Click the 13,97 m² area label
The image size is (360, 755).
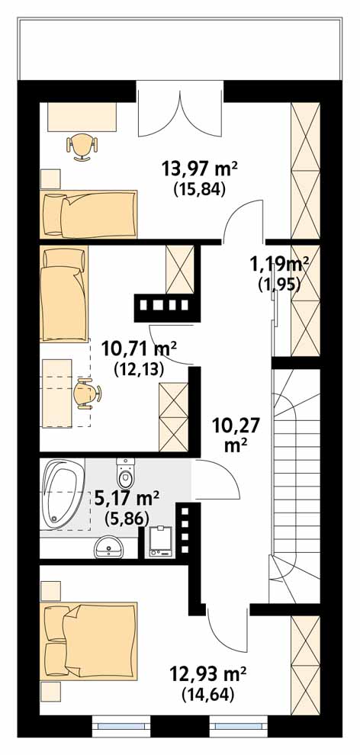(x=201, y=169)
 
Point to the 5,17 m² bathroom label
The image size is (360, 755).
(x=127, y=497)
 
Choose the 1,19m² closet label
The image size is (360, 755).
(x=278, y=265)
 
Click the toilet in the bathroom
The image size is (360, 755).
(x=127, y=473)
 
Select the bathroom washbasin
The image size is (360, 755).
(x=109, y=547)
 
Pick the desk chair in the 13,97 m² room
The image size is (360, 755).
(x=82, y=146)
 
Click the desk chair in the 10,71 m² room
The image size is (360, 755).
(x=87, y=393)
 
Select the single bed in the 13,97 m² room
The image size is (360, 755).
(x=89, y=214)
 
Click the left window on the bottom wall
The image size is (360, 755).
(x=122, y=724)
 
